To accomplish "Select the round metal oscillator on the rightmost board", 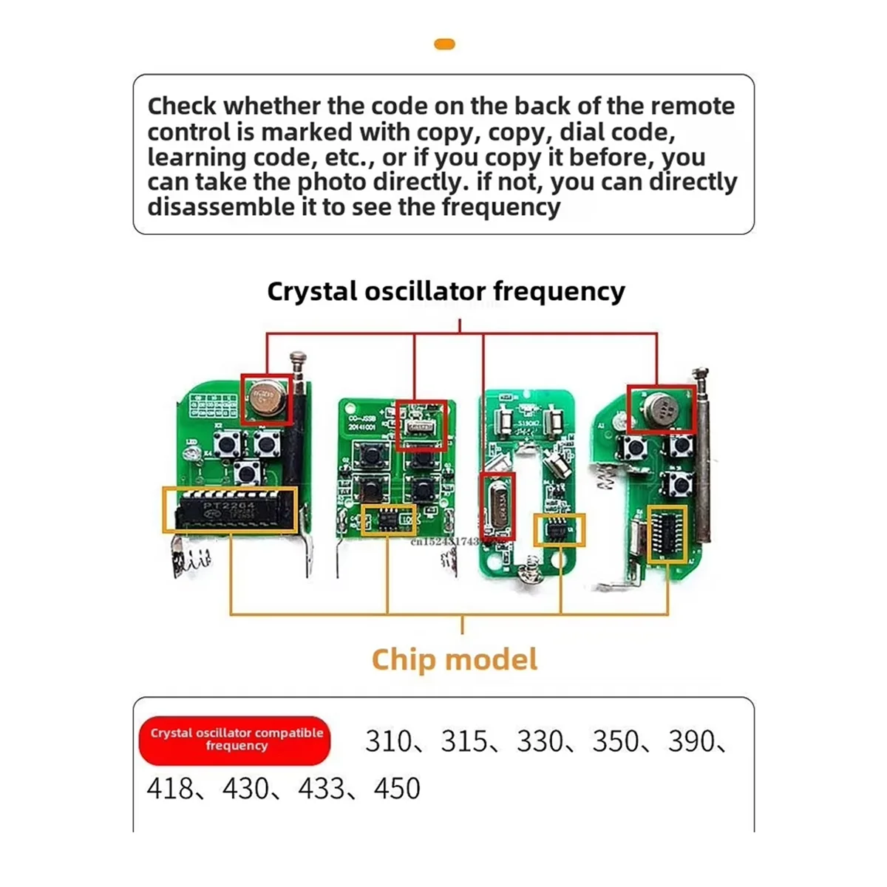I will (x=661, y=409).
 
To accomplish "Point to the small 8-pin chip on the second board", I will (x=388, y=519).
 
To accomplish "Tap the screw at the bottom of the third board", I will (x=529, y=571).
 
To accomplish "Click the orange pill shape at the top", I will (x=444, y=44).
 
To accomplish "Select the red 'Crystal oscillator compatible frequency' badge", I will (x=235, y=740).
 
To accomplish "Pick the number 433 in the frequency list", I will (x=322, y=789).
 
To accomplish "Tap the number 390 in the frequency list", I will (x=691, y=741).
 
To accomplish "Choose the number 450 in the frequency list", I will (x=397, y=789).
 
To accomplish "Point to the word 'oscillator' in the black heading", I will (x=425, y=291).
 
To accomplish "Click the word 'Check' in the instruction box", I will (x=183, y=106).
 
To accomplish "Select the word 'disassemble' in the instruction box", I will (x=221, y=207).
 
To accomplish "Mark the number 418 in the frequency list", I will (x=169, y=789).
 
